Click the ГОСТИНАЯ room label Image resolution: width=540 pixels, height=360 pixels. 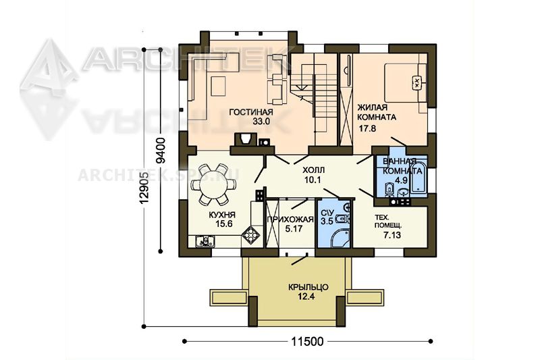point(251,112)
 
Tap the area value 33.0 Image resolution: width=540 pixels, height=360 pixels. point(261,122)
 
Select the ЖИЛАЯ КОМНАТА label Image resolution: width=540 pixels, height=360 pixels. point(377,112)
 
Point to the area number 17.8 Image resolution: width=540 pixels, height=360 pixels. point(367,128)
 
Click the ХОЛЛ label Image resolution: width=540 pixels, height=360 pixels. point(313,170)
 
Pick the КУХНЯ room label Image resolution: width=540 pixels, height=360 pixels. point(222,215)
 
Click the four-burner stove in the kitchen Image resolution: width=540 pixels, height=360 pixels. point(251,235)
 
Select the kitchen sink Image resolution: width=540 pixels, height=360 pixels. point(205,241)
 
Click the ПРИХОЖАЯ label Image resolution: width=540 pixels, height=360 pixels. point(290,220)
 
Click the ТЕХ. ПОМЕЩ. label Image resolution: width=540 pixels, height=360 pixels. point(387,222)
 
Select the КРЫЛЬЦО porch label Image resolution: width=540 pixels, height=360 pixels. point(308,287)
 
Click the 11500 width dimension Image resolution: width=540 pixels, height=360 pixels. point(308,341)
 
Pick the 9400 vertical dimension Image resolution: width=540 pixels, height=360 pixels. point(161,151)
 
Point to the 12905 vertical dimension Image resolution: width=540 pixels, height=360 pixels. point(144,187)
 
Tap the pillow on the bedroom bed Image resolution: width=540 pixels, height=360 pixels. point(416,82)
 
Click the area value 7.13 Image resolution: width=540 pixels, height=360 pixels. point(392,235)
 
